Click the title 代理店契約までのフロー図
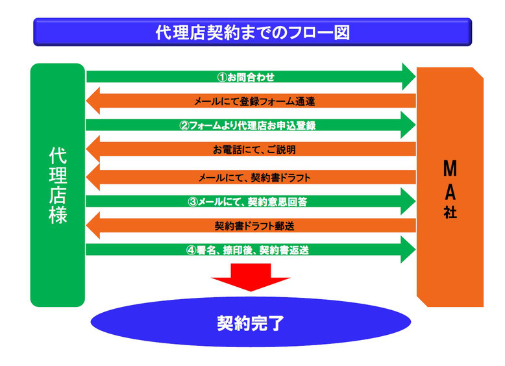(252, 32)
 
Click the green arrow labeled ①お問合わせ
(251, 77)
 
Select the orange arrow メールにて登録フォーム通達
(251, 101)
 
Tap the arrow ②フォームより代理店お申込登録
(251, 125)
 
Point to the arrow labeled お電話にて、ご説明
(251, 149)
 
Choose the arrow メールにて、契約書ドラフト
(251, 177)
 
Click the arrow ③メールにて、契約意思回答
(251, 202)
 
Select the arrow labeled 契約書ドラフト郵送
(251, 225)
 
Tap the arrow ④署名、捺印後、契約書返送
(251, 249)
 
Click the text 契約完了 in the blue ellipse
(251, 323)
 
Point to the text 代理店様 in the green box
(58, 186)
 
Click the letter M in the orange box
(450, 168)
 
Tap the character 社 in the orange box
(450, 212)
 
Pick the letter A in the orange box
(450, 192)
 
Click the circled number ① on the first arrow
(222, 77)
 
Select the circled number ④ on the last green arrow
(191, 250)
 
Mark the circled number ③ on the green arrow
(192, 202)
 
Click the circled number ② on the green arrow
(184, 125)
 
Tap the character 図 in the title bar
(341, 32)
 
